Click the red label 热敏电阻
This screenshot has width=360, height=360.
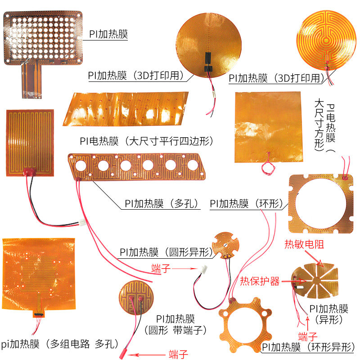(304, 245)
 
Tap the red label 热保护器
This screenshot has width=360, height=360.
(260, 281)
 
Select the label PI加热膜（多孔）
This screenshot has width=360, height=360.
(162, 203)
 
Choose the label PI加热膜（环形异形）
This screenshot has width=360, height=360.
(308, 347)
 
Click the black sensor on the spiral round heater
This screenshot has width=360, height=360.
(208, 60)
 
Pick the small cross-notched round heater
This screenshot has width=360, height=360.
(226, 245)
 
